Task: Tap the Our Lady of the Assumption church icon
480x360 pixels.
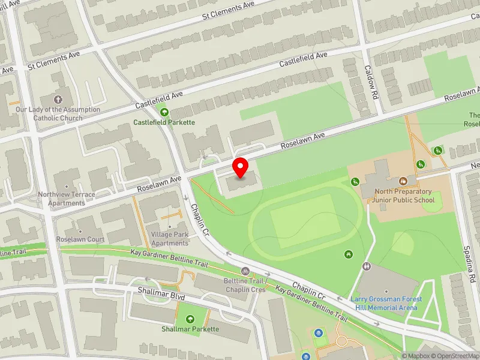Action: pyautogui.click(x=58, y=99)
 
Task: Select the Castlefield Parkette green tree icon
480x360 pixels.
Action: pyautogui.click(x=164, y=112)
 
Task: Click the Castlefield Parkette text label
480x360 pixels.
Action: pyautogui.click(x=164, y=122)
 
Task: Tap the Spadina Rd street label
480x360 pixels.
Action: pyautogui.click(x=467, y=263)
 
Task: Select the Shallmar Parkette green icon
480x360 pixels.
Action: pyautogui.click(x=190, y=319)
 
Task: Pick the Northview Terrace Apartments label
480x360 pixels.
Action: pyautogui.click(x=66, y=199)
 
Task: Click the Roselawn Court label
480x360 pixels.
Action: pyautogui.click(x=80, y=239)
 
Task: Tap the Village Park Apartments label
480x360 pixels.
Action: pyautogui.click(x=170, y=239)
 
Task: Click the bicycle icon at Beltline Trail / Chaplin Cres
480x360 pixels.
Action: pyautogui.click(x=245, y=271)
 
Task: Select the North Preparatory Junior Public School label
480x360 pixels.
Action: pyautogui.click(x=404, y=196)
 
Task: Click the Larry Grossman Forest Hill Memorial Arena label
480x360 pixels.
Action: pyautogui.click(x=386, y=303)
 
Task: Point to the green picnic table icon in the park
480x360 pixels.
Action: pyautogui.click(x=349, y=255)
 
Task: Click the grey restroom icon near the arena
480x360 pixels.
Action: pyautogui.click(x=366, y=266)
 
